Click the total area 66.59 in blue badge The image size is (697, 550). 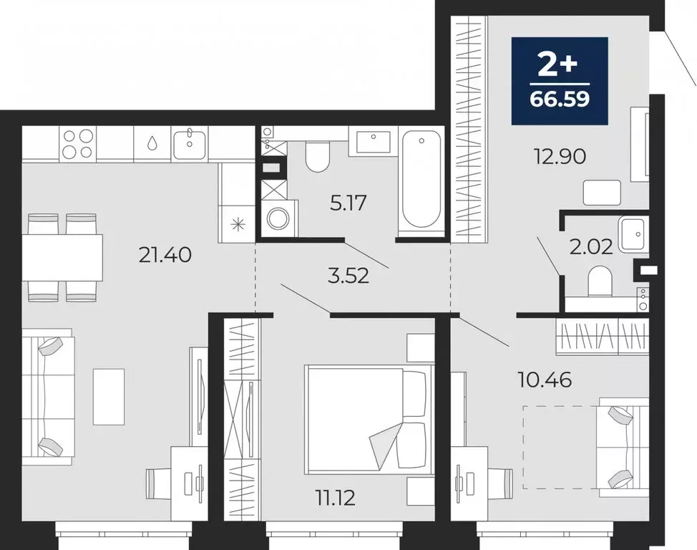(x=560, y=98)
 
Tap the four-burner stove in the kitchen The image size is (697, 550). (x=77, y=143)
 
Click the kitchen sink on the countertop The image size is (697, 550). (x=190, y=143)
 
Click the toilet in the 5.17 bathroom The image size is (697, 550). (x=316, y=155)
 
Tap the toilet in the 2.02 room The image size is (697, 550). (x=599, y=282)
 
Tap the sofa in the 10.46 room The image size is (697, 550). (x=621, y=446)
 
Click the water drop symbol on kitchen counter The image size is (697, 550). (x=152, y=143)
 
